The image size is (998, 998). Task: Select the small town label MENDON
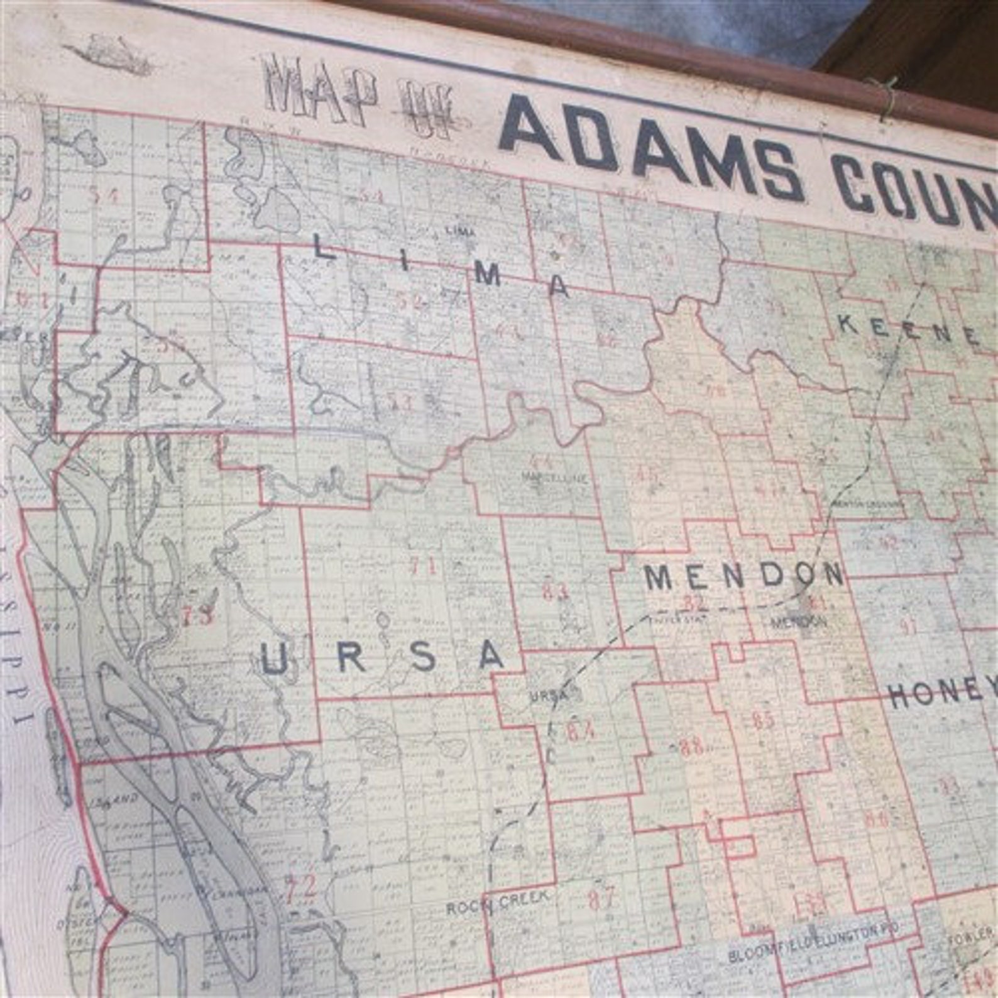point(799,623)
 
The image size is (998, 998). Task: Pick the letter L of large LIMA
point(325,251)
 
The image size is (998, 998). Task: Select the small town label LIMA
point(461,231)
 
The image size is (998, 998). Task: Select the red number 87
point(601,899)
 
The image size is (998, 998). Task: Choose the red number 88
point(693,747)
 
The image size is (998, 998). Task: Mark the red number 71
point(422,567)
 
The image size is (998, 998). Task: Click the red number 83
point(556,591)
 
